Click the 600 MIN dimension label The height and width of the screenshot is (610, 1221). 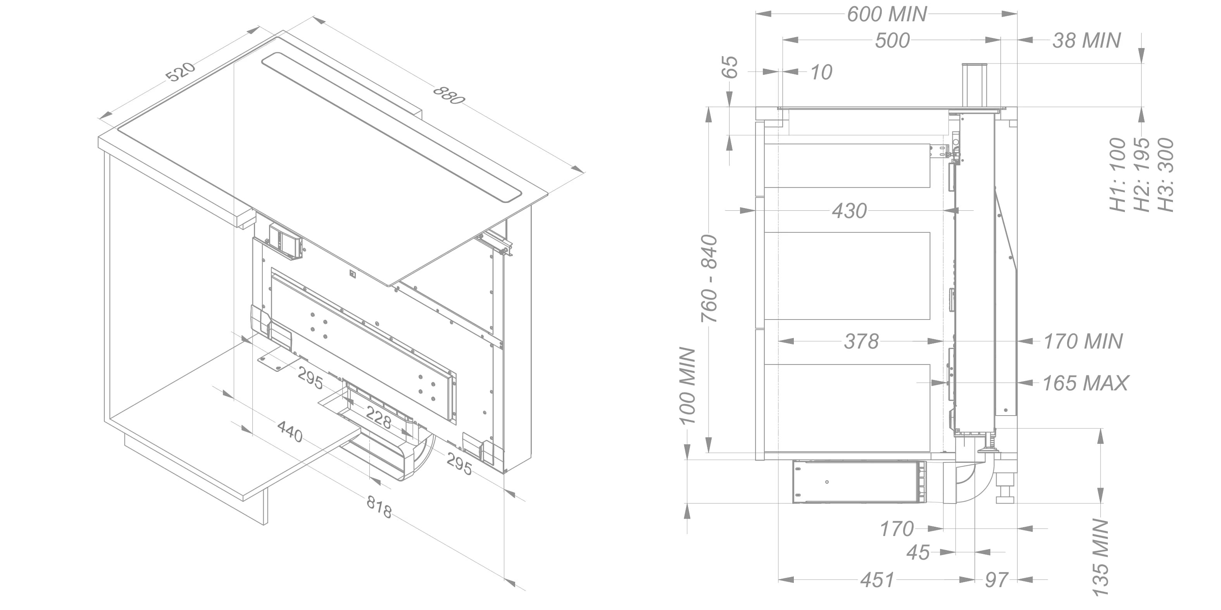887,14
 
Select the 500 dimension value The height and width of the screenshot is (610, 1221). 892,41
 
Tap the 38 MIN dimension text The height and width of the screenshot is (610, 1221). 1086,41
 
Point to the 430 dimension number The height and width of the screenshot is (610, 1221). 849,211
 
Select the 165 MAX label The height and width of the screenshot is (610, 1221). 1085,383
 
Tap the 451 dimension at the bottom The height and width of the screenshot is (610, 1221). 877,580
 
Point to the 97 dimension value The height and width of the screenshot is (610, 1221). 996,580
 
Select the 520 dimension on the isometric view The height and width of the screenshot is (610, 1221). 181,72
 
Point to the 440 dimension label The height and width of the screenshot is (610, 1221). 290,432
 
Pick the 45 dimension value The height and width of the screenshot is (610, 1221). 918,553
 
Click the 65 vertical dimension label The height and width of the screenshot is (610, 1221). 731,67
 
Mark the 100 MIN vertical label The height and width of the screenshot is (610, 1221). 687,387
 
